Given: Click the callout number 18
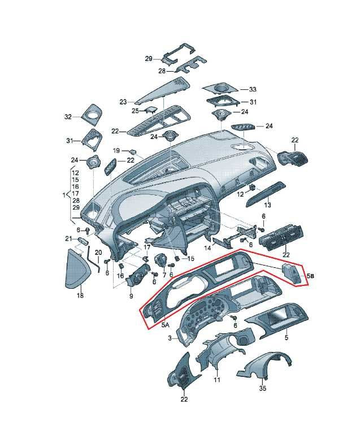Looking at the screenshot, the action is pos(80,296).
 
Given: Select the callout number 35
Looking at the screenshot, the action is pos(263,388).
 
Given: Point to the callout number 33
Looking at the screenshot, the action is pos(253,89).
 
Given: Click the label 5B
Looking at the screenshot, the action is pos(311,276).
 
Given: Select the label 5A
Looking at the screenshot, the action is pos(165,325).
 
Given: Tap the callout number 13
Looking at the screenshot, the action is pos(267,205).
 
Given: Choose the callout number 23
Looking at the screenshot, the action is pos(123,102).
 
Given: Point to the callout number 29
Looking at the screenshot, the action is pos(149,59).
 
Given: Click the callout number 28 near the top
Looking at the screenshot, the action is pos(162,71).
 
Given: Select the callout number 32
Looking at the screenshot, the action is pos(68,117).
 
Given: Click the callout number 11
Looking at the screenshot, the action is pos(217,380).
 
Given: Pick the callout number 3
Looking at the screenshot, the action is pos(170,338).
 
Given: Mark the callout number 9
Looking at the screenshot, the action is pos(131,296).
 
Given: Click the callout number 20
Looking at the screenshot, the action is pos(98,253).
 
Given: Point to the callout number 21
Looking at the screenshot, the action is pos(68,238).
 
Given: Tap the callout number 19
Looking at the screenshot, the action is pos(116,150).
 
